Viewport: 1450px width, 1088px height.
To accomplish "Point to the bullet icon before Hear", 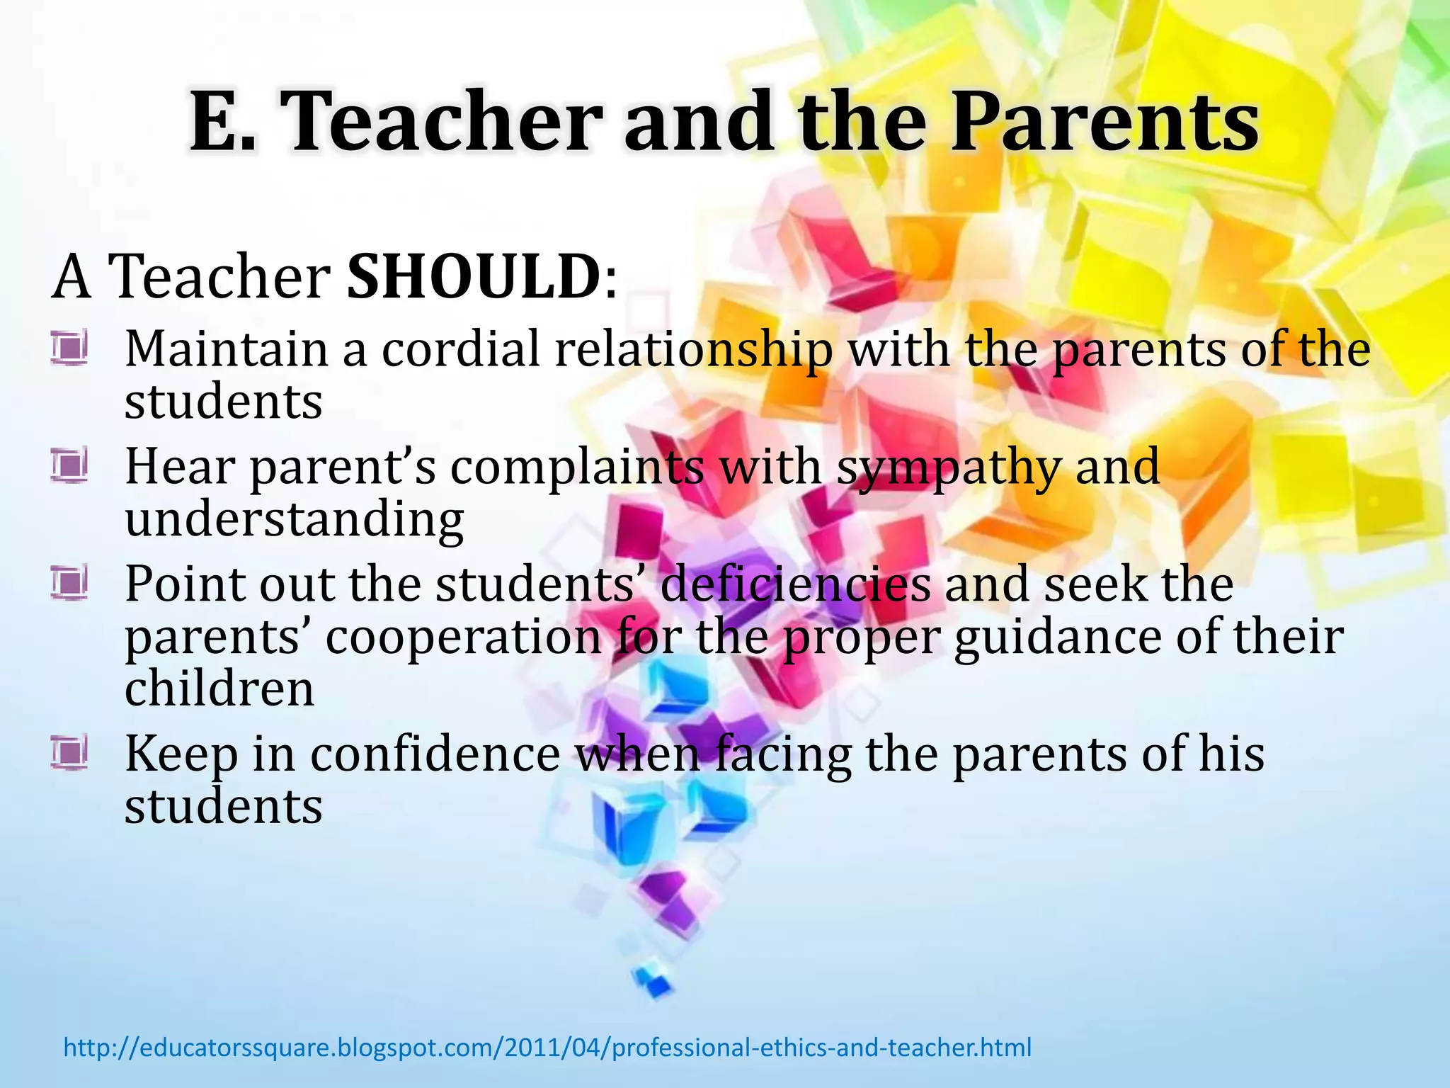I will click(x=69, y=466).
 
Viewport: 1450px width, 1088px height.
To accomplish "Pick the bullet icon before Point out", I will click(x=69, y=584).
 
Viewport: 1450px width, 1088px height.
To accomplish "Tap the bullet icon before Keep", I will click(x=69, y=753).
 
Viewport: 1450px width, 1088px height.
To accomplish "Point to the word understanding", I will click(x=294, y=520).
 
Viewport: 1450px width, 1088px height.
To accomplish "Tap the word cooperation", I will click(x=464, y=636).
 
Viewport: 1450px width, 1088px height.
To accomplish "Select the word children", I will click(x=219, y=688).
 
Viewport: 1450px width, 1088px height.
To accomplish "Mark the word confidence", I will click(x=435, y=753).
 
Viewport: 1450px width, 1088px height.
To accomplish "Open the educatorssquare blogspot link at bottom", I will click(x=547, y=1047).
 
